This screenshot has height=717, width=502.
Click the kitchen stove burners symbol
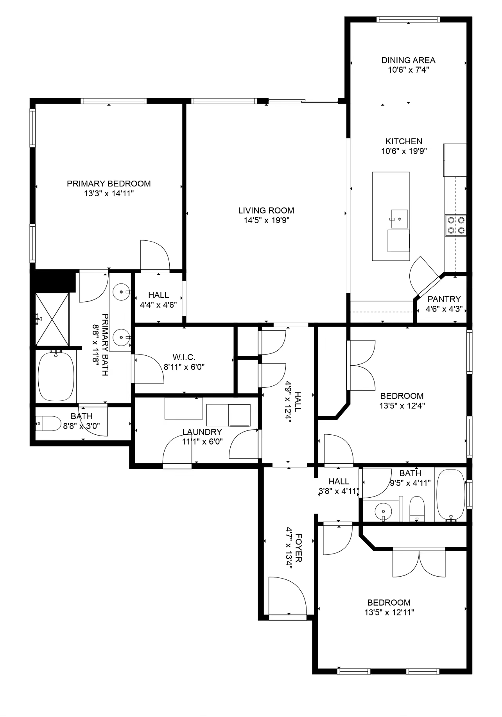[456, 225]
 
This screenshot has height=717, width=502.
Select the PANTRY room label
[444, 299]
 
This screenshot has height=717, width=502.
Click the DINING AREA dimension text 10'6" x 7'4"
[408, 70]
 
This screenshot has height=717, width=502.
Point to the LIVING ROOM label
[266, 210]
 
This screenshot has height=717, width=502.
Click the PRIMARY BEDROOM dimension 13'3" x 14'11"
[109, 194]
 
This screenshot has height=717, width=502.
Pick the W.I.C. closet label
[184, 357]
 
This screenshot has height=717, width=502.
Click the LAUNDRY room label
[202, 432]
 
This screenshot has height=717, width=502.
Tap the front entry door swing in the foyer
[287, 596]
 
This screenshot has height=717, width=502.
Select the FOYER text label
[298, 548]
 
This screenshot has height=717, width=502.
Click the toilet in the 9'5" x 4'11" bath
[417, 508]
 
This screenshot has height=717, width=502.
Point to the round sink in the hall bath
[383, 511]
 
